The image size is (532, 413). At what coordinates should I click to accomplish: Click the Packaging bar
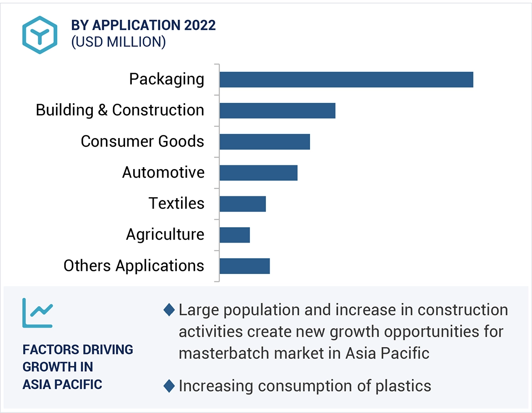pos(346,80)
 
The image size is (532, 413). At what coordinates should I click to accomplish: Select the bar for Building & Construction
pos(277,110)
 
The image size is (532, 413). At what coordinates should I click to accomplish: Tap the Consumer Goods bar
pos(265,142)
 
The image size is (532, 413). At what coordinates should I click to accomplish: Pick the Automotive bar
pos(258,173)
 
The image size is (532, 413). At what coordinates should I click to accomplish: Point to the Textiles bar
pos(242,204)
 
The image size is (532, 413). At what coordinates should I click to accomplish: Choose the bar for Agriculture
pos(235,235)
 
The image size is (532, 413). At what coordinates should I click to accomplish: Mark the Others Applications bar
pos(245,266)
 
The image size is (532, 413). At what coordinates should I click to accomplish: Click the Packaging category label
pos(166,79)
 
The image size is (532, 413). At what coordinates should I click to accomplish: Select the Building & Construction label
pos(120,110)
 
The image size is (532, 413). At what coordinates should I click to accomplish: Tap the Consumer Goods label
pos(142,141)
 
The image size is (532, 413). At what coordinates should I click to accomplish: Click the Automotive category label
pos(163,172)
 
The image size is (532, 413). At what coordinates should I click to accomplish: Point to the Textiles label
pos(176,203)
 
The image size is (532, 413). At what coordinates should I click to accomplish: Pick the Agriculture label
pos(165,234)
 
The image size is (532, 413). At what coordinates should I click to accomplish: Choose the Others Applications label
pos(134,265)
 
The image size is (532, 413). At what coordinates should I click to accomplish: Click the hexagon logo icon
pos(40,35)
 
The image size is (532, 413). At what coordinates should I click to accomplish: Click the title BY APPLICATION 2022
pos(143,25)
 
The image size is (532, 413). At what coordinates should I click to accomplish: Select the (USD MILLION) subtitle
pos(118,42)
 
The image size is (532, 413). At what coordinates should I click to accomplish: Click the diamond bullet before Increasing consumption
pos(169,386)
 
